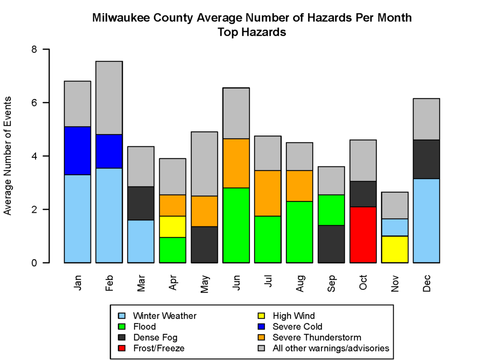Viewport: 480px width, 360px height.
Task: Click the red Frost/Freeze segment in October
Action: (363, 234)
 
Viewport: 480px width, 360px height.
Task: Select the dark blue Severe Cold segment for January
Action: (77, 150)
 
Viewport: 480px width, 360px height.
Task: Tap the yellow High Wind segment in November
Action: (395, 249)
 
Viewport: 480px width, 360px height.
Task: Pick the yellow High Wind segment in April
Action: (172, 226)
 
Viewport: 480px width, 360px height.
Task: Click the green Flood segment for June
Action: (236, 225)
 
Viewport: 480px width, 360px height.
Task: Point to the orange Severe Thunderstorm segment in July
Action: (268, 193)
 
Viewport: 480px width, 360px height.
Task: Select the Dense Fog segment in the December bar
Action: (426, 159)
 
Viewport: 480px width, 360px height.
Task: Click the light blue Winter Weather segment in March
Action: (141, 241)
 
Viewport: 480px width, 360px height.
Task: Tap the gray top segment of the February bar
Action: (109, 97)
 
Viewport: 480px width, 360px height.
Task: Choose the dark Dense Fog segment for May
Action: (204, 244)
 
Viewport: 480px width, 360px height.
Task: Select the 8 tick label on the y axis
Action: (33, 49)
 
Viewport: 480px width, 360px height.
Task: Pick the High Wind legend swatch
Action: (262, 316)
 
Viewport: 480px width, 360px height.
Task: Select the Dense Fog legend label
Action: (155, 337)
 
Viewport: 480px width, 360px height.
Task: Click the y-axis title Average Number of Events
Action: (7, 156)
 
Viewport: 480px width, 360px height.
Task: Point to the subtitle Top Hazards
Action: (252, 32)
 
